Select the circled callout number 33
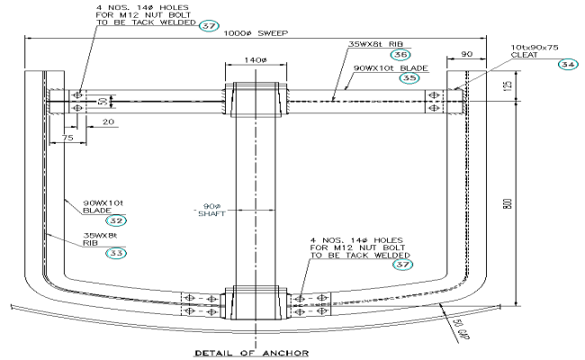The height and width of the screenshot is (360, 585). click(x=116, y=253)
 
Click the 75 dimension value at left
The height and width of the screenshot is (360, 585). click(x=67, y=139)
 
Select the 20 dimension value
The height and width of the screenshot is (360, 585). click(x=108, y=120)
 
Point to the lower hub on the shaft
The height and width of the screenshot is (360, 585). click(x=257, y=301)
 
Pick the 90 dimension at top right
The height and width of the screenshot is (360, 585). click(x=466, y=55)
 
